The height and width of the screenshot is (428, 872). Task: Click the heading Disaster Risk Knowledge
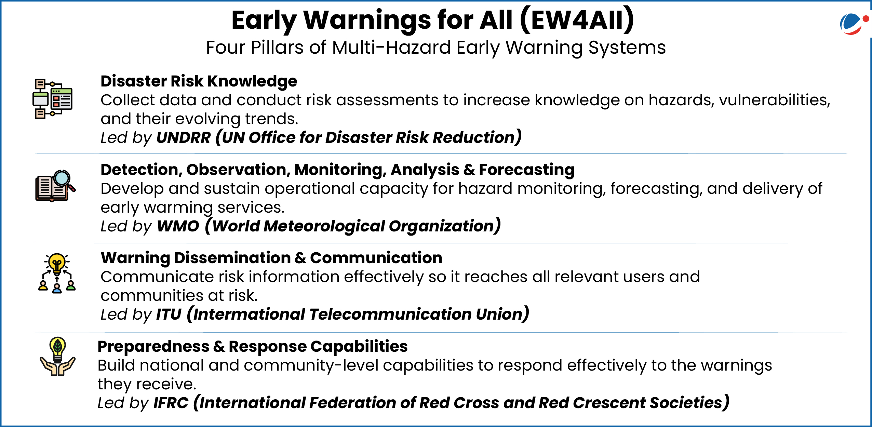[x=199, y=81]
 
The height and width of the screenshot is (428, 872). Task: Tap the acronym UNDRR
[x=184, y=137]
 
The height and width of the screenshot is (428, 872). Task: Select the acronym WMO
[x=178, y=226]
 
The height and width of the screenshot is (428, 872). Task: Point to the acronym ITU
[x=169, y=314]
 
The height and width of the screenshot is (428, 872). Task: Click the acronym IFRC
[x=171, y=403]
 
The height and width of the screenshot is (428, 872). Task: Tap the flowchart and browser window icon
[x=53, y=98]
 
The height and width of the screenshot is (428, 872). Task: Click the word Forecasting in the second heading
[x=526, y=170]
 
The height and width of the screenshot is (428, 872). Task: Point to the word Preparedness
[x=153, y=347]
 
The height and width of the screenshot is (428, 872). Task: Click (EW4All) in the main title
[x=577, y=21]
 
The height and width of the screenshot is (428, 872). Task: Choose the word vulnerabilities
[x=774, y=100]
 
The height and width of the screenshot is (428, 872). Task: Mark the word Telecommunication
[x=390, y=314]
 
